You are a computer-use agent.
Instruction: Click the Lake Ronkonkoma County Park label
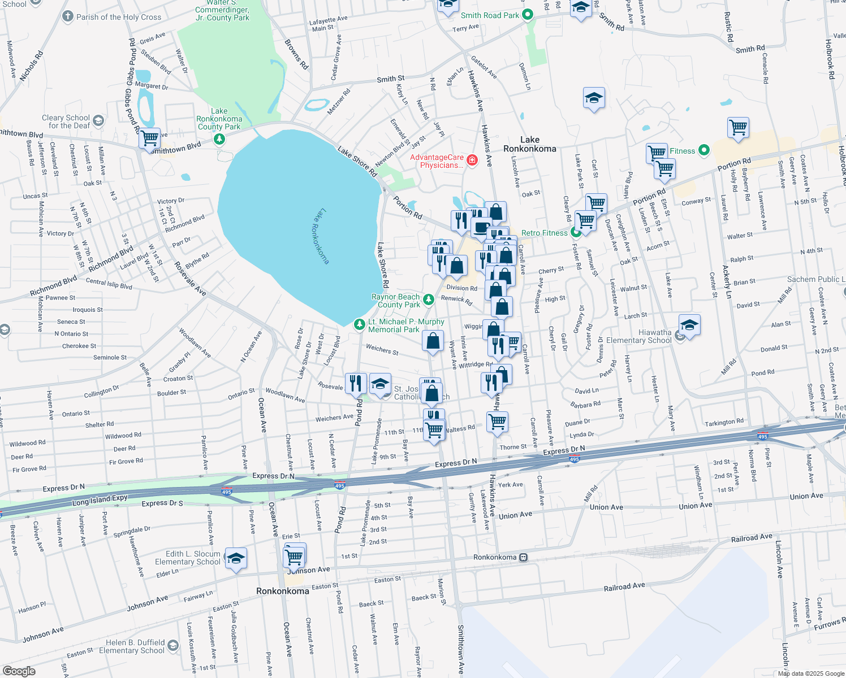click(x=219, y=119)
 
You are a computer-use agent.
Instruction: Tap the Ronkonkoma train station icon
click(x=524, y=557)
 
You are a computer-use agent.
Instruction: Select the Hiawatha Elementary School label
click(x=639, y=337)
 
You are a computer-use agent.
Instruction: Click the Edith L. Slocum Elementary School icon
click(x=236, y=558)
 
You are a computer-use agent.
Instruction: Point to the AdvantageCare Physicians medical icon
click(x=472, y=161)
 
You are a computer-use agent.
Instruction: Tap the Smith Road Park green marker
click(x=528, y=15)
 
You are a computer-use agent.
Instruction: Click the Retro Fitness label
click(x=544, y=233)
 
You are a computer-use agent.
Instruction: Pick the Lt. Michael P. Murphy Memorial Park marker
click(x=359, y=324)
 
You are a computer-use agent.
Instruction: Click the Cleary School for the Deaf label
click(x=66, y=121)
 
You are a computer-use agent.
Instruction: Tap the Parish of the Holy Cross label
click(x=119, y=17)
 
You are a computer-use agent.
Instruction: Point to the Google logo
click(x=19, y=671)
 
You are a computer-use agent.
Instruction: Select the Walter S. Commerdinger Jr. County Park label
click(x=222, y=10)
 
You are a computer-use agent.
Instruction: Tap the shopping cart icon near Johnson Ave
click(x=294, y=557)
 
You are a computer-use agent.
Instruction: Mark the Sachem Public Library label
click(x=816, y=279)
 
